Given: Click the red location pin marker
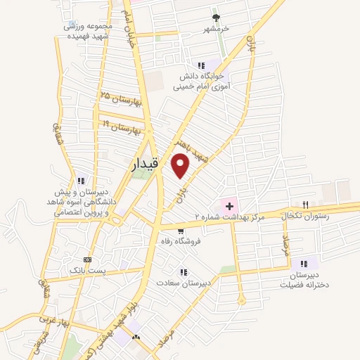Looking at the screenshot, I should (181, 166).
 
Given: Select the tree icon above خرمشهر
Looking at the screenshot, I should (216, 18).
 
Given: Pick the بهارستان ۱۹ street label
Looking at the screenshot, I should (122, 127).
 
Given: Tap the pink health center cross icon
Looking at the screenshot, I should (229, 205).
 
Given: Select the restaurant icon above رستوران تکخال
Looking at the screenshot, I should (305, 204).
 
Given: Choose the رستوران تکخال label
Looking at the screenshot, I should (304, 217).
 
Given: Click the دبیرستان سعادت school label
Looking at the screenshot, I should (184, 284).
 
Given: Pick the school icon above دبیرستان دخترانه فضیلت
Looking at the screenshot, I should (304, 264).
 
